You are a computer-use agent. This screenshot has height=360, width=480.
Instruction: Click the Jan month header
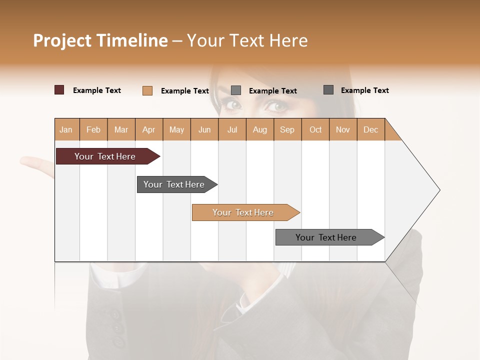tap(66, 129)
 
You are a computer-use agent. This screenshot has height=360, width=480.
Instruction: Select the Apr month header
tap(148, 129)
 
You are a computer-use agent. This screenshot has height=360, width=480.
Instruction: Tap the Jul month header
tap(232, 129)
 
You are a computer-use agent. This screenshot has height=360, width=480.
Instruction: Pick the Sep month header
tap(287, 129)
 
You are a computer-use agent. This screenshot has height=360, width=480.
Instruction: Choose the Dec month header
tap(370, 129)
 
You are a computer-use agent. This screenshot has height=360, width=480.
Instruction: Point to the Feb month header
tap(93, 129)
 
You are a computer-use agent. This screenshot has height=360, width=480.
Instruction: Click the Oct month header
tap(315, 129)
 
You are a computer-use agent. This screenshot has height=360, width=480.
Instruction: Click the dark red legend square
tap(59, 90)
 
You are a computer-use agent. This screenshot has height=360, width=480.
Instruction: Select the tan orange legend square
tap(147, 90)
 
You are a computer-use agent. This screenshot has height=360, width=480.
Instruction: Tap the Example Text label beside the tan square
tap(184, 91)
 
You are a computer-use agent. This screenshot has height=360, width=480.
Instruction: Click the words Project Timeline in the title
tap(100, 40)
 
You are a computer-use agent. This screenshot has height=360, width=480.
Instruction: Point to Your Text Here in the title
tap(247, 40)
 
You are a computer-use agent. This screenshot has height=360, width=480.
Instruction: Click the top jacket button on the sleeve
tap(115, 315)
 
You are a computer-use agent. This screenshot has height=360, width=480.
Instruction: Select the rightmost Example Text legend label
tap(364, 90)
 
